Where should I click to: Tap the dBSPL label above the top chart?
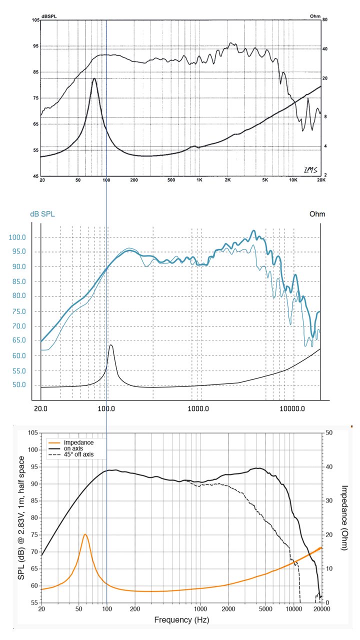click(49, 16)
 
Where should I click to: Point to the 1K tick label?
click(199, 179)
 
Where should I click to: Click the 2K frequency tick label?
click(227, 179)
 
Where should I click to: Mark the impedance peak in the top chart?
click(93, 78)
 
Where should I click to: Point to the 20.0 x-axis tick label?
click(40, 408)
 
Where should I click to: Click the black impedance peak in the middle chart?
click(111, 345)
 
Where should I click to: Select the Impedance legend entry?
click(80, 442)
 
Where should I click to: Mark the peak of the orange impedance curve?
click(85, 534)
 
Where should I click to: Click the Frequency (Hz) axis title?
click(181, 620)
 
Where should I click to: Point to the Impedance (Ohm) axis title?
click(344, 517)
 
